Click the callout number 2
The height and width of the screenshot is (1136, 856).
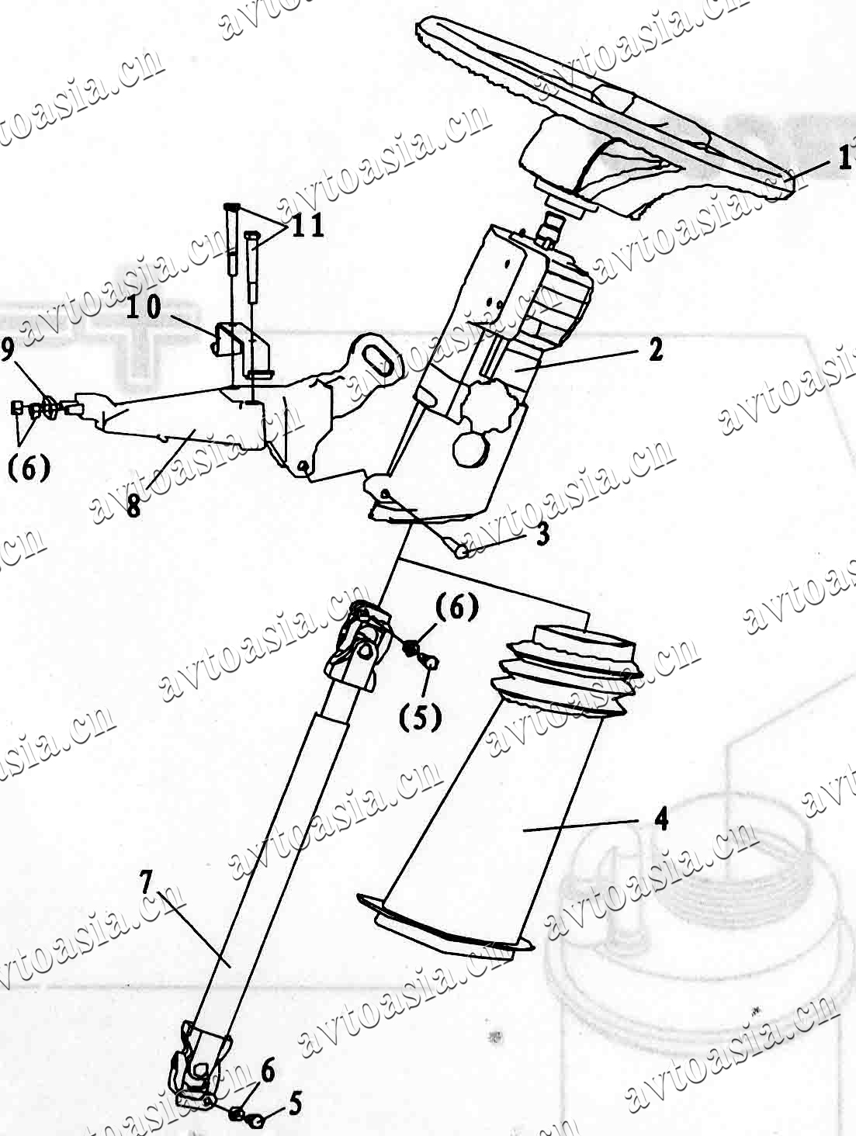(655, 351)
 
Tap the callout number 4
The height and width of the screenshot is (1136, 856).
(660, 819)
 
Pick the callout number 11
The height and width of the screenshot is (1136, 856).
(307, 225)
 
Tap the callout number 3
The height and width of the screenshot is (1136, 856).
(542, 535)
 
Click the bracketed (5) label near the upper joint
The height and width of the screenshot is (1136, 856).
(420, 717)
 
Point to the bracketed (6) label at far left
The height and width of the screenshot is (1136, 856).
(29, 469)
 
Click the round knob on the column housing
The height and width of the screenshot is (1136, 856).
(471, 448)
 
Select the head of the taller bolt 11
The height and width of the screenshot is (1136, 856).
(230, 206)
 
